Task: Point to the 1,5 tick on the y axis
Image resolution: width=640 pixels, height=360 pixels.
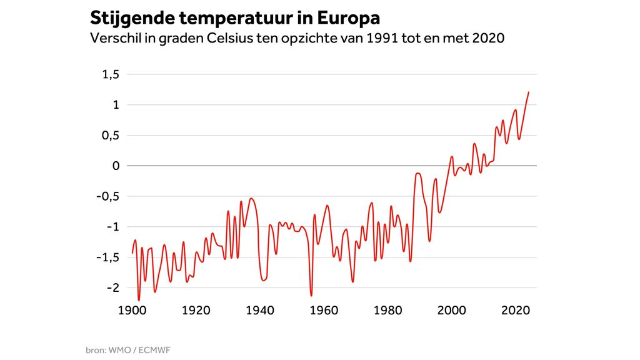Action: tap(110, 74)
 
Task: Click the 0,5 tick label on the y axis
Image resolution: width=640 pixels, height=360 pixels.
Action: tap(110, 136)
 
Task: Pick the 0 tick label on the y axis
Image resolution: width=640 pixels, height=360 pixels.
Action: tap(115, 166)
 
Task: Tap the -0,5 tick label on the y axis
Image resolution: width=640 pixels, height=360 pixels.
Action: tap(107, 196)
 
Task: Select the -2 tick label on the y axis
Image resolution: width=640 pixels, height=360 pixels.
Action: tap(112, 288)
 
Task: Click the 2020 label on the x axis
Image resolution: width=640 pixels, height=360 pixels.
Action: tap(516, 311)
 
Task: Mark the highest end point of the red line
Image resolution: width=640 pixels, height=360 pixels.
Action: tap(529, 92)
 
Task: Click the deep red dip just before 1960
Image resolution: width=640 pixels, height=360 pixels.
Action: tap(311, 295)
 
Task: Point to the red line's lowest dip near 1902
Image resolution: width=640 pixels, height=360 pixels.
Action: tap(139, 300)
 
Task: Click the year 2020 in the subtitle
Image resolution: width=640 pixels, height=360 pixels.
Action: tap(488, 37)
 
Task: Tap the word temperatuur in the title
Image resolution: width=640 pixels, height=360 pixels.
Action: tap(236, 17)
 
